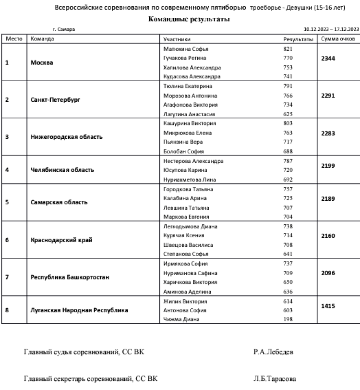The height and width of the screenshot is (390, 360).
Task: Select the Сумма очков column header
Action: click(338, 38)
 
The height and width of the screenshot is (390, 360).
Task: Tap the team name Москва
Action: click(41, 62)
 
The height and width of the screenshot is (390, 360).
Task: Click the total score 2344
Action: click(328, 58)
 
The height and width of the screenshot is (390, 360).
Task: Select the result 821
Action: click(288, 49)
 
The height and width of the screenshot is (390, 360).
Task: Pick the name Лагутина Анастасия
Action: click(189, 114)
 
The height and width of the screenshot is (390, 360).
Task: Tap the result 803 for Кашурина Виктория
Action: click(288, 123)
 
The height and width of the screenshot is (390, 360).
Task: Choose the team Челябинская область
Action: click(62, 170)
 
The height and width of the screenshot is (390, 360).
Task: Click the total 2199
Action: click(328, 166)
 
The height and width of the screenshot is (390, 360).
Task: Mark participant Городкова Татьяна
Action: click(188, 189)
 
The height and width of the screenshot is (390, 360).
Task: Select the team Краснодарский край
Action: click(61, 240)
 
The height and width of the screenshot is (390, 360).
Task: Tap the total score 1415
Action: click(328, 305)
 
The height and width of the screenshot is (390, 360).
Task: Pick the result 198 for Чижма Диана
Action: click(288, 319)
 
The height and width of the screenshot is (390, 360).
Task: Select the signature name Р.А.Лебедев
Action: click(274, 352)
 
